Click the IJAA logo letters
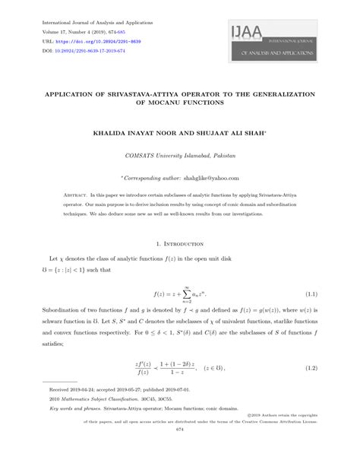point(242,34)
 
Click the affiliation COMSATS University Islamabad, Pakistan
point(179,156)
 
